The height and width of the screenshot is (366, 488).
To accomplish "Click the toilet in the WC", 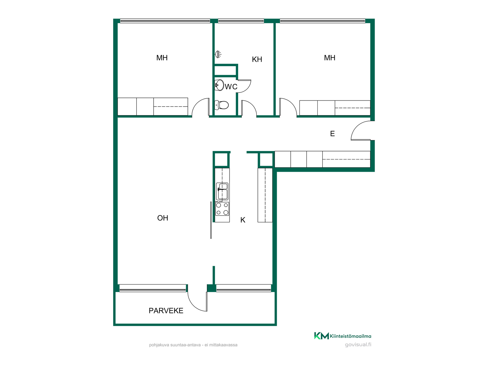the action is [x=222, y=105].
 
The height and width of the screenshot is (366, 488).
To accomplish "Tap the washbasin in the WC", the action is [x=219, y=85].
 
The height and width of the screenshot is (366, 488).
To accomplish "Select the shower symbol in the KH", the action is [x=218, y=54].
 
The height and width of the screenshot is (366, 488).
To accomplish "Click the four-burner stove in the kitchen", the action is [x=222, y=209].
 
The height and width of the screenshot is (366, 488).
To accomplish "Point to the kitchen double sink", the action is [x=222, y=191].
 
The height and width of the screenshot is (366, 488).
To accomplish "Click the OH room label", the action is [x=163, y=218].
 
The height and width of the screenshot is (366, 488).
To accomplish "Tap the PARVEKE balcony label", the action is [x=166, y=311].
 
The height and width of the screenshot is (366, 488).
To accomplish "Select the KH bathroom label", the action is [x=257, y=59].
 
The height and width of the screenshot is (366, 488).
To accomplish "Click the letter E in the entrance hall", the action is [x=332, y=134].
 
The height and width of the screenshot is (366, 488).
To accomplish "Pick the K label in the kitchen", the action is [x=243, y=220].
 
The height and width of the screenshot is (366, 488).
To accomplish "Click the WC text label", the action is [x=231, y=87].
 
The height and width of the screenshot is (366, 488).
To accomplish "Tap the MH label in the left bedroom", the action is [x=162, y=58].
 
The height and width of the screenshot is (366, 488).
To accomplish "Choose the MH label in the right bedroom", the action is [x=330, y=58].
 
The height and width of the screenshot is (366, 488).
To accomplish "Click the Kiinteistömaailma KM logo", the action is [x=322, y=336].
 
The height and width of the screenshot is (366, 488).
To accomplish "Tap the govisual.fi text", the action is [x=358, y=345].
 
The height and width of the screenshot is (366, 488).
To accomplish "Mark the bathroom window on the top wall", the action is [x=241, y=21].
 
